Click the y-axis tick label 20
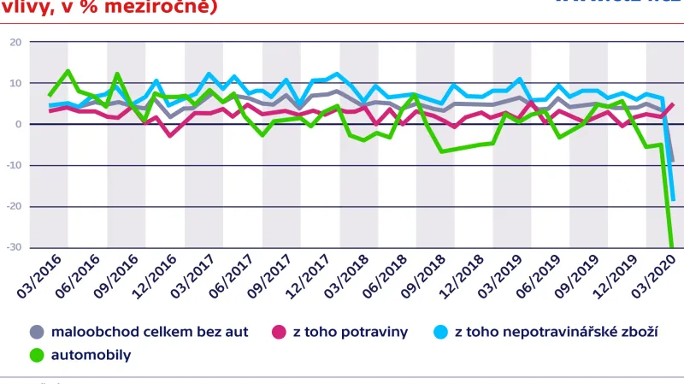click(16, 42)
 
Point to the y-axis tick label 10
click(16, 83)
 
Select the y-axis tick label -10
click(15, 165)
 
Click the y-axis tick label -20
click(15, 206)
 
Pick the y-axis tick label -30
click(15, 247)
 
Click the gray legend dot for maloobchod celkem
click(37, 332)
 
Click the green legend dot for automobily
click(37, 354)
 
